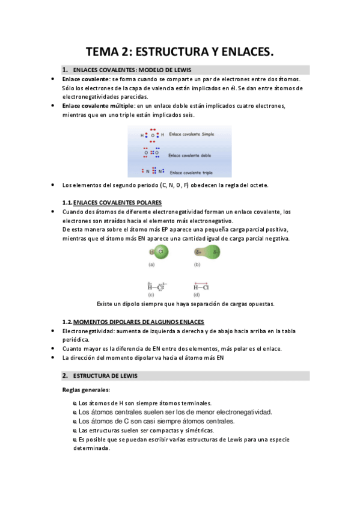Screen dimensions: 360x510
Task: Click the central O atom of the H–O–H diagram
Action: point(153,135)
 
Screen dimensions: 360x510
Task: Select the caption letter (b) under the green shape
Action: point(197,265)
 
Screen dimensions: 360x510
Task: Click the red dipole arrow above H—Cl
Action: point(201,282)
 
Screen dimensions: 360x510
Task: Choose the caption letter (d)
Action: point(197,295)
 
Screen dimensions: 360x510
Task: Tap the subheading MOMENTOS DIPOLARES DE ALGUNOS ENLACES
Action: point(138,322)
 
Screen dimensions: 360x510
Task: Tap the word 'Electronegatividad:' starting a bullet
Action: point(88,331)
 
